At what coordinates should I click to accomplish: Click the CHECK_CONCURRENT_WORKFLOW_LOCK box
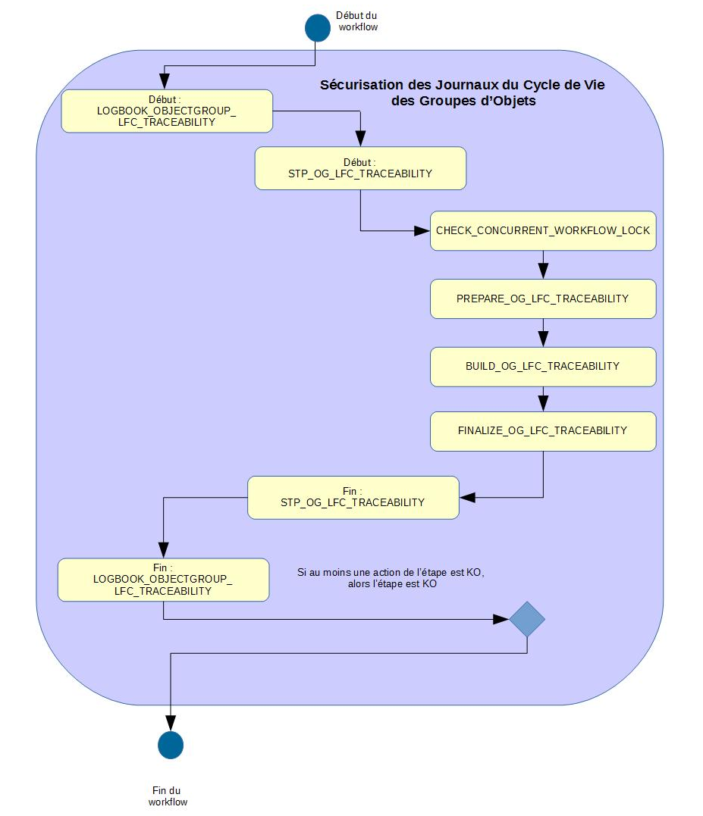[543, 230]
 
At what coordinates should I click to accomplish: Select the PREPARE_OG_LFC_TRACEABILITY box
[543, 299]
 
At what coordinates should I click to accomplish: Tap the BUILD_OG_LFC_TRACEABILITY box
[543, 367]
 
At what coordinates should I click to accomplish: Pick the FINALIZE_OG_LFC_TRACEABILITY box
[543, 431]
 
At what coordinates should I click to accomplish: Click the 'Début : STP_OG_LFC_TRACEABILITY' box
[360, 168]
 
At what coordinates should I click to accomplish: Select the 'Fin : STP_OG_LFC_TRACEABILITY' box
[353, 497]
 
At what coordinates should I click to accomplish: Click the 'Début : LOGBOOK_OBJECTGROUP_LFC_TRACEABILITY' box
[167, 111]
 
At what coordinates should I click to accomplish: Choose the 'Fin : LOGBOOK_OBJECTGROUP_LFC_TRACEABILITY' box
[163, 580]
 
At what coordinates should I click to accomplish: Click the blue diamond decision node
[527, 619]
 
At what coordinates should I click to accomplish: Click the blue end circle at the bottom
[171, 745]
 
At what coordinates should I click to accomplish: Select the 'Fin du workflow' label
[168, 796]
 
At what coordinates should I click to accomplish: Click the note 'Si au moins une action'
[391, 578]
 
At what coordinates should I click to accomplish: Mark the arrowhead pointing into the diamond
[502, 619]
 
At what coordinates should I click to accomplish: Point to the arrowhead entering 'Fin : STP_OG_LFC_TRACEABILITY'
[467, 497]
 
